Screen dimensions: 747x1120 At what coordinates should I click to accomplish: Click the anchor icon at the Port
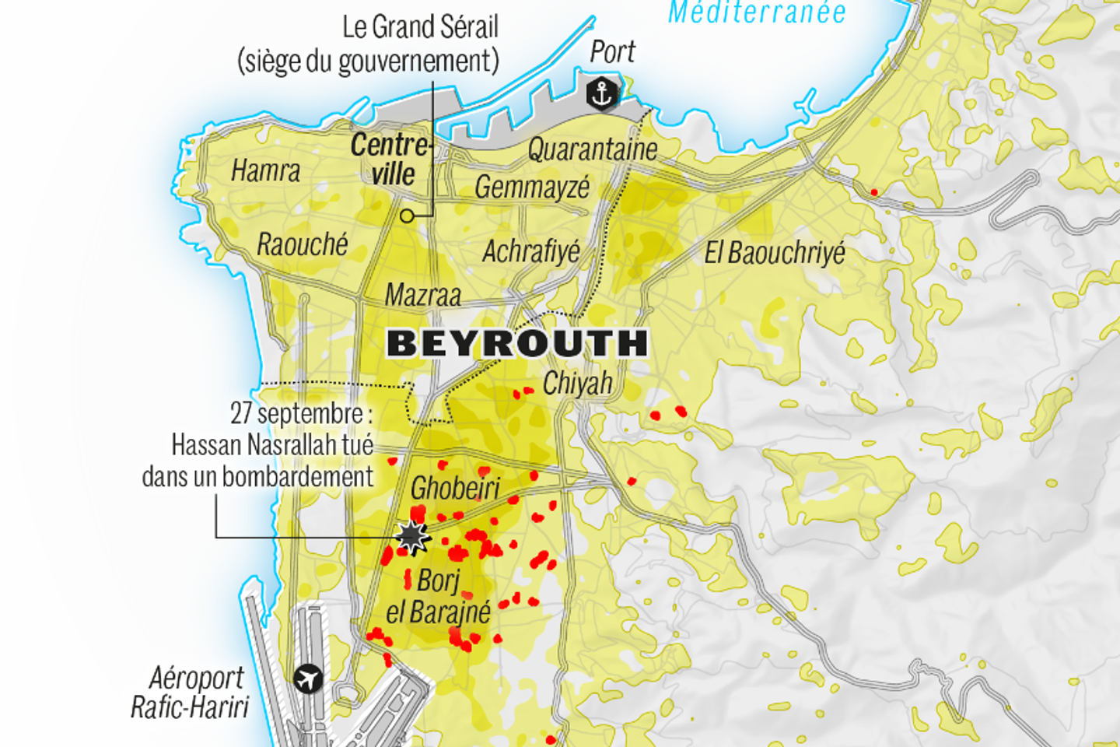601,94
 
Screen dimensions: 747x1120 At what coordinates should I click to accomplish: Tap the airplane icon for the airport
309,679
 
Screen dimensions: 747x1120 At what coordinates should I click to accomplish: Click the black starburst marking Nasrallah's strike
411,536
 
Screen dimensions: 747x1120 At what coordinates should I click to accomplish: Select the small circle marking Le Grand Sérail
407,216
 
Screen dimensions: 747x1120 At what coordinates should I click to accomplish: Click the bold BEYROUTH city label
517,343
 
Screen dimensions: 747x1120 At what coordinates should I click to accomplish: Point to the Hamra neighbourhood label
266,170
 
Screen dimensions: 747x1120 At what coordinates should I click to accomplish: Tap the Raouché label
303,244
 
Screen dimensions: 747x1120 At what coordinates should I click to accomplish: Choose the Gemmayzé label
532,188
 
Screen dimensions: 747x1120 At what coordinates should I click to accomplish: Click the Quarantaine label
593,149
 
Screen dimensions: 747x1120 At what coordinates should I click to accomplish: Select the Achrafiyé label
531,251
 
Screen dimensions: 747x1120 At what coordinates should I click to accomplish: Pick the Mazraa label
423,295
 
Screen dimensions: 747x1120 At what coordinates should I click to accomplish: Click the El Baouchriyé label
775,253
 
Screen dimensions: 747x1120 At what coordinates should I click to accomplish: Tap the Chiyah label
578,383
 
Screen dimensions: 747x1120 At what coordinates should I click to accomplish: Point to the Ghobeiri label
455,488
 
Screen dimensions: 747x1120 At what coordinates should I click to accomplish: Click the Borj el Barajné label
439,597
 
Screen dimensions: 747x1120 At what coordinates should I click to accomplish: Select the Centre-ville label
390,159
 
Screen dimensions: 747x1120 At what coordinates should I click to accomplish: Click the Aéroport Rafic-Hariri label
190,692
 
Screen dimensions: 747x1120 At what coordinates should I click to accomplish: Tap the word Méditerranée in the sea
757,12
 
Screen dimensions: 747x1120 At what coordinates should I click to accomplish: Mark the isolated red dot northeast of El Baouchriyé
874,192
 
